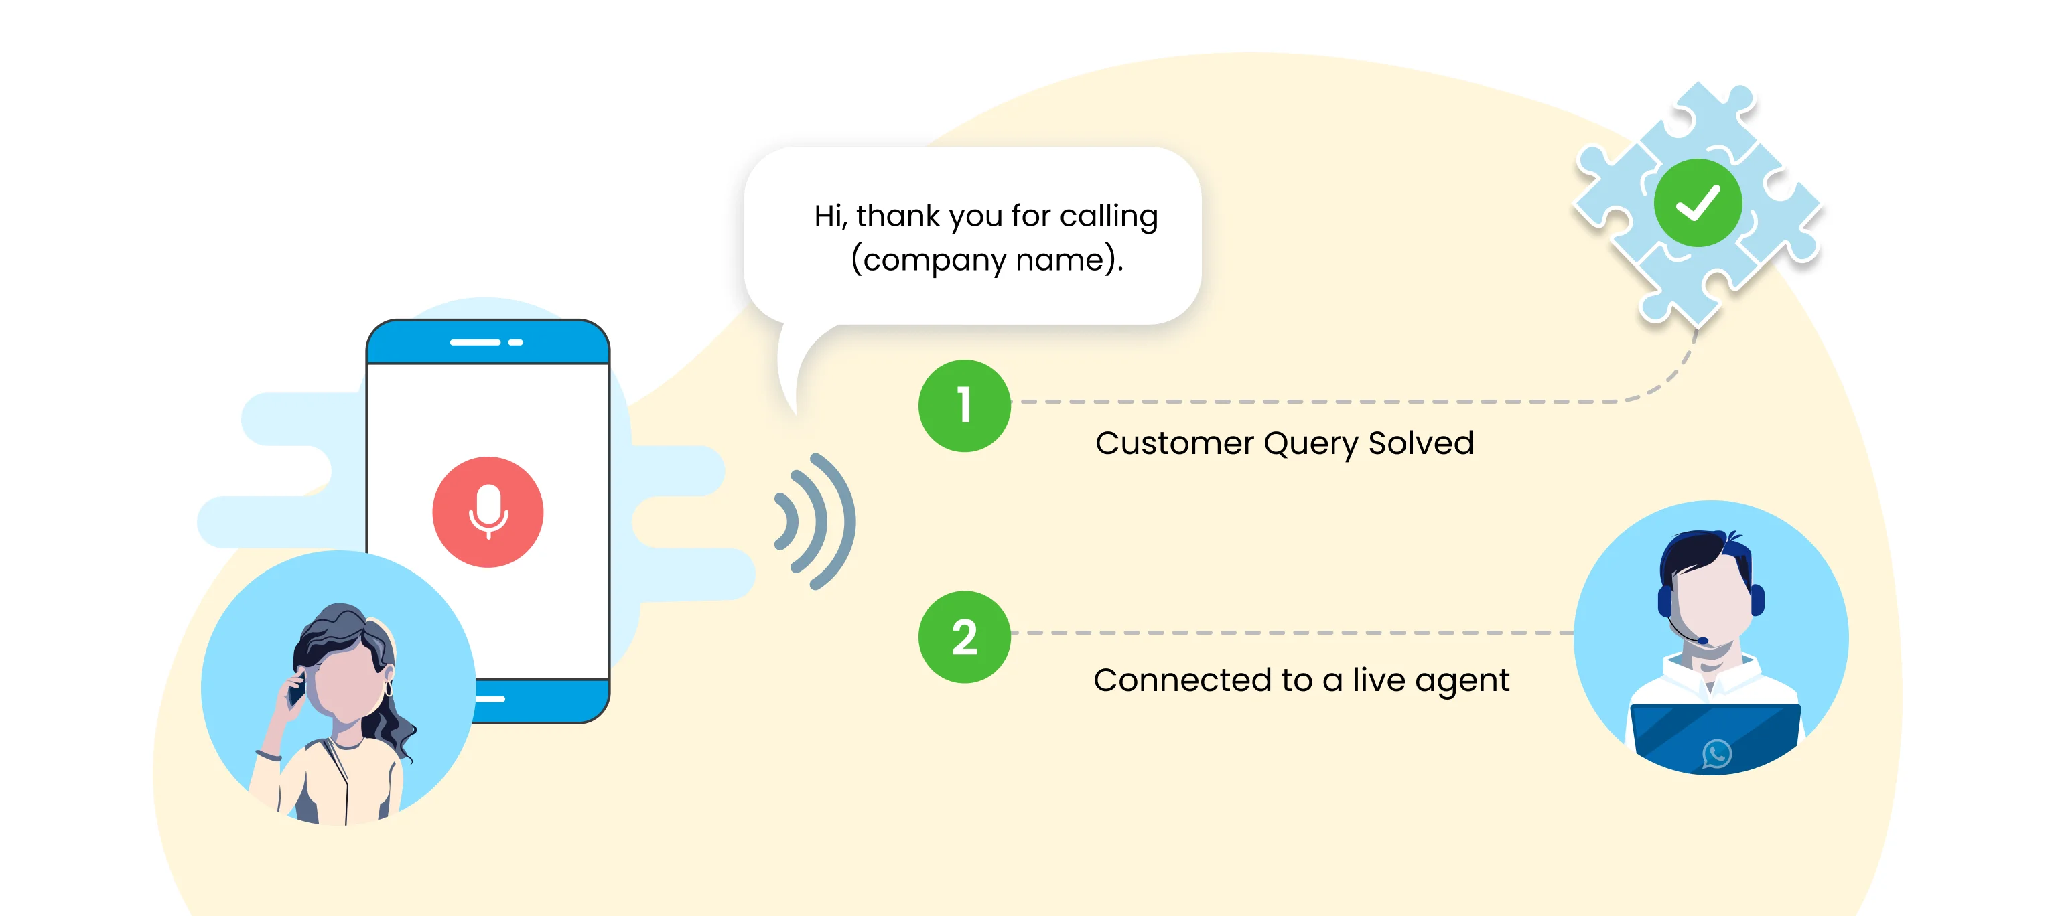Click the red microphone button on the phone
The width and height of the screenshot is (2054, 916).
pyautogui.click(x=488, y=512)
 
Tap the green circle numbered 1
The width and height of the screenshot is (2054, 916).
pyautogui.click(x=965, y=405)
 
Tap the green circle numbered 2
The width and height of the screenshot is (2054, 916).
pyautogui.click(x=965, y=636)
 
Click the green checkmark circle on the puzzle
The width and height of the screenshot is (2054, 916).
pyautogui.click(x=1698, y=202)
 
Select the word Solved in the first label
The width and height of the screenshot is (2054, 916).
pyautogui.click(x=1421, y=443)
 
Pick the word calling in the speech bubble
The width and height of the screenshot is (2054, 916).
pyautogui.click(x=1108, y=217)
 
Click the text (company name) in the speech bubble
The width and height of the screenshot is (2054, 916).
pyautogui.click(x=985, y=260)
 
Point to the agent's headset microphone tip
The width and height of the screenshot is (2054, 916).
pyautogui.click(x=1703, y=640)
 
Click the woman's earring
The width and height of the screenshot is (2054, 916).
pyautogui.click(x=389, y=687)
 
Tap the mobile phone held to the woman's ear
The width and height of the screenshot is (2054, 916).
pyautogui.click(x=297, y=690)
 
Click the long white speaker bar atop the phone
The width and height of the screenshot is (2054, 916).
pyautogui.click(x=475, y=342)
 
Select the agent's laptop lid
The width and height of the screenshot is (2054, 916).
pyautogui.click(x=1715, y=738)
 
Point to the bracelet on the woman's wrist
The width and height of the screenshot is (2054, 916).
pyautogui.click(x=268, y=754)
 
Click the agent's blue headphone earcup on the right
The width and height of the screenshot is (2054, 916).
pyautogui.click(x=1757, y=599)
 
